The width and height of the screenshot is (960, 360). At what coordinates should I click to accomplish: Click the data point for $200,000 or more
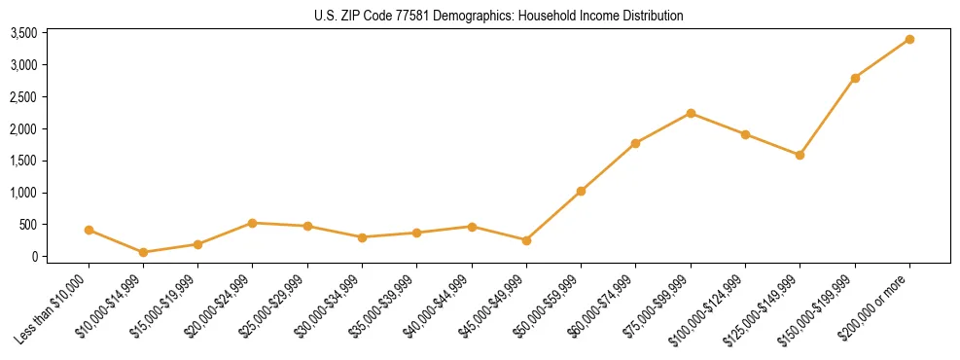[x=909, y=39]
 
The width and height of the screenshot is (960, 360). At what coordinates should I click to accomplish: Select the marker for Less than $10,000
[x=89, y=231]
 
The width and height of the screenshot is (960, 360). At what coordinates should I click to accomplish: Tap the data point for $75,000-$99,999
[x=691, y=113]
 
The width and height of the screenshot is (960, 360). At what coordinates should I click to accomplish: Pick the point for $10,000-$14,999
[x=143, y=252]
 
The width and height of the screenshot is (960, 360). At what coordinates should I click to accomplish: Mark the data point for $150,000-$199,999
[x=855, y=78]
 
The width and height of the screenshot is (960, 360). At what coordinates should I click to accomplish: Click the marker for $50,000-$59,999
[x=581, y=191]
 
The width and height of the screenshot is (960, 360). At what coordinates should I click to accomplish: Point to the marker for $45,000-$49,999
[x=526, y=240]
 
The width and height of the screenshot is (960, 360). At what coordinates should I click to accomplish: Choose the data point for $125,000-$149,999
[x=800, y=155]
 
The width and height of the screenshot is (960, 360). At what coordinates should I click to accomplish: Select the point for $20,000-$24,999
[x=253, y=223]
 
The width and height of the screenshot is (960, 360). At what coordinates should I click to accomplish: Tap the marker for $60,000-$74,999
[x=635, y=143]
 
